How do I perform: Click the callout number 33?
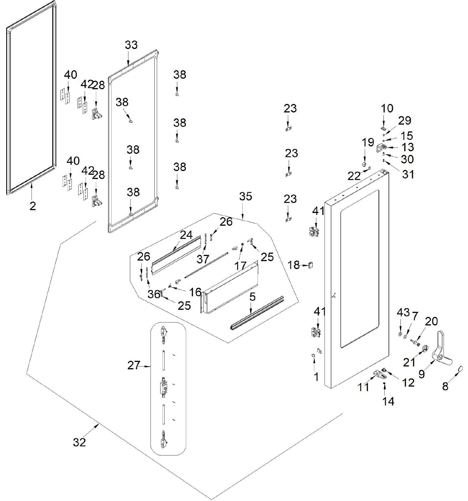pos(131,45)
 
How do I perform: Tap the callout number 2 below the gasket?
pos(33,206)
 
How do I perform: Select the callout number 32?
pos(79,442)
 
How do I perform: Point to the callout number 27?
pos(134,365)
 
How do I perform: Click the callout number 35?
pos(246,196)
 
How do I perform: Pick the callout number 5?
pos(252,297)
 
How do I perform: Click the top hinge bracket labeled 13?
pos(382,148)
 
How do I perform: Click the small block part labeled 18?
pos(311,265)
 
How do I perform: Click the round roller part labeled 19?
pos(364,165)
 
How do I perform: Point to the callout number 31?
pos(408,174)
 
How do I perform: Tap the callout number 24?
pos(186,235)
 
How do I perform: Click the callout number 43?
pos(403,313)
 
